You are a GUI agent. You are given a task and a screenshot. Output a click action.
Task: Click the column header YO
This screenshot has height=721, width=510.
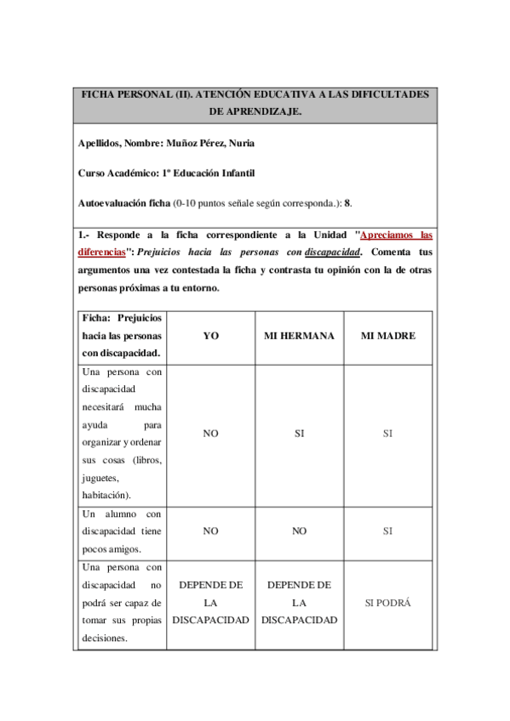[210, 336]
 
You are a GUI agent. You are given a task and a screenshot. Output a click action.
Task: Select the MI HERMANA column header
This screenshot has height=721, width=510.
[299, 336]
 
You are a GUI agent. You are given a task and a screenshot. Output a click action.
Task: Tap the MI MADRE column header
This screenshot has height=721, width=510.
[387, 336]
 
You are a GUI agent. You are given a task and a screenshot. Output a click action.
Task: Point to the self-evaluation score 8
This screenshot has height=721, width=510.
[347, 204]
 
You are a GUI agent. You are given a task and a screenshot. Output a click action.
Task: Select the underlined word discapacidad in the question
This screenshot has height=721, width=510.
[333, 252]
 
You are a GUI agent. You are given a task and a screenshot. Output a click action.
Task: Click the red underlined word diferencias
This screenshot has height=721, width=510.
[101, 252]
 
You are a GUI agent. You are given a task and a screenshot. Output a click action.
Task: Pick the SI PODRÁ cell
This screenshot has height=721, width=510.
[387, 603]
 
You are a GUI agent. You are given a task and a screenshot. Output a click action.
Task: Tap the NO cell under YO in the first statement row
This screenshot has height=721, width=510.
[210, 434]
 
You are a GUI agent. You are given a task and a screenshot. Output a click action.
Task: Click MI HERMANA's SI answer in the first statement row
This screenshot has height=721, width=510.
[299, 434]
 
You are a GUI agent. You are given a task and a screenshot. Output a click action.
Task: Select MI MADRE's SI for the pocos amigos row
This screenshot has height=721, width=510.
[387, 531]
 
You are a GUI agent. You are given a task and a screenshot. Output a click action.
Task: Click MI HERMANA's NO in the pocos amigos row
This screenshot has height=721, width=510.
[299, 531]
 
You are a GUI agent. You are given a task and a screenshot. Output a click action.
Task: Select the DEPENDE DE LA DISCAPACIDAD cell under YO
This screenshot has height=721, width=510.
[210, 603]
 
